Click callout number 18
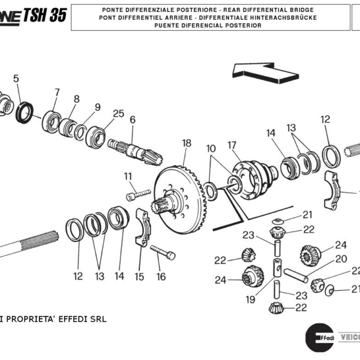click(x=187, y=143)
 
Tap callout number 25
click(x=118, y=113)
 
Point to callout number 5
click(x=16, y=78)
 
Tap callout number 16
click(x=161, y=277)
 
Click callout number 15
click(x=139, y=277)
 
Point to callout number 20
click(x=341, y=259)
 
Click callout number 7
click(x=57, y=92)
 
